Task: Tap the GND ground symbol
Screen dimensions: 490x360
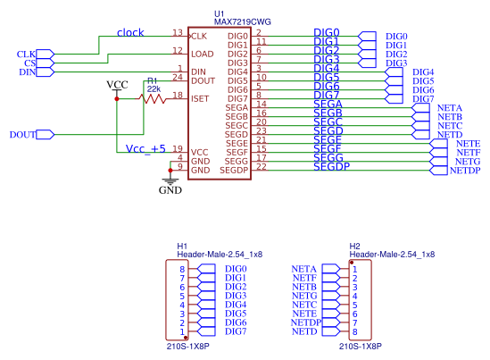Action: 170,181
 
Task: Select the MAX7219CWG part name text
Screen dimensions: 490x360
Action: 242,22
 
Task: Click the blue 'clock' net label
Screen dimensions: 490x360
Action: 130,32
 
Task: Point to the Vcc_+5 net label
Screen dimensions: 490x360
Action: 145,149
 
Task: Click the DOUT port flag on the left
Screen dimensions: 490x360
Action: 46,135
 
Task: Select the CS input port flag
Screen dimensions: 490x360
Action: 46,63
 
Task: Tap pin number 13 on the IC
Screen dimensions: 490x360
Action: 178,32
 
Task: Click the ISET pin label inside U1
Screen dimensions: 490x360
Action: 200,99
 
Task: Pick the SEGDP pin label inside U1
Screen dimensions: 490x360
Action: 234,171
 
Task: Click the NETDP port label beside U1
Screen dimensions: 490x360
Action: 465,171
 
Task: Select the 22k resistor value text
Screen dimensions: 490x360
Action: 154,89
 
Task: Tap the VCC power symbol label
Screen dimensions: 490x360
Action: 117,85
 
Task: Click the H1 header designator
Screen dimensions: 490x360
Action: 182,247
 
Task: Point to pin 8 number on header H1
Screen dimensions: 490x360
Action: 182,269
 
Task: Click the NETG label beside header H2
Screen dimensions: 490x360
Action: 304,296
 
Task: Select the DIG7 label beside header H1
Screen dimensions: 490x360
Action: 236,331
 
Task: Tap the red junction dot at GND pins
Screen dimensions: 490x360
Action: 170,171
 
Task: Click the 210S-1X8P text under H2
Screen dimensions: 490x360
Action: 361,347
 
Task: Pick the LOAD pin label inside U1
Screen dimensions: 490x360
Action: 203,54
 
